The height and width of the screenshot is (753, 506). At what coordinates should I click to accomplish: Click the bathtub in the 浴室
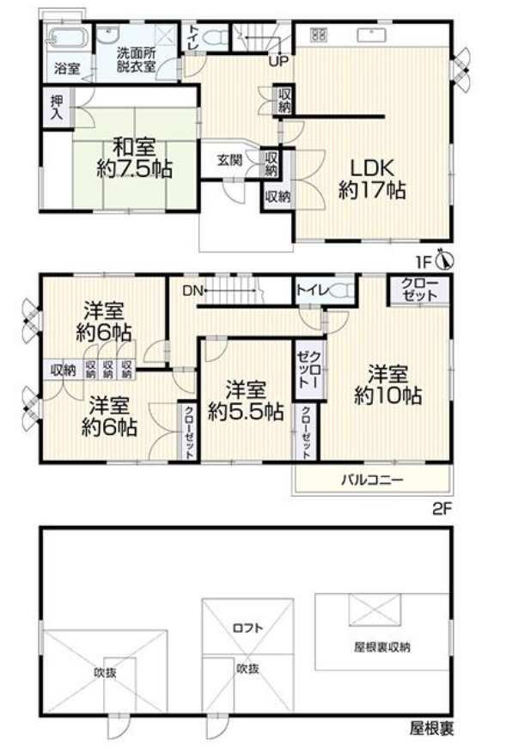coord(65,38)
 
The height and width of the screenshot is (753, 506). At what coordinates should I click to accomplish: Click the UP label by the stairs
coord(277,61)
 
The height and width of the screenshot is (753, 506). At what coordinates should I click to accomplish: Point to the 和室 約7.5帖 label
coord(133,156)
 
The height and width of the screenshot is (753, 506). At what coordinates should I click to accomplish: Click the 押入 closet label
coord(53,105)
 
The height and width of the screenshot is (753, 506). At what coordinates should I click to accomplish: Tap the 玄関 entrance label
coord(229,159)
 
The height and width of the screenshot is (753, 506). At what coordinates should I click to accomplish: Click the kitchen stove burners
coord(317,35)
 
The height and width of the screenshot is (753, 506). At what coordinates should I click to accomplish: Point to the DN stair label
coord(192,291)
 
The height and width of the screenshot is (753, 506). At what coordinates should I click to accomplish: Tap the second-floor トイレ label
coord(310,291)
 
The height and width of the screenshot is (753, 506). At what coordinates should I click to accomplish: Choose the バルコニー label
coord(369,480)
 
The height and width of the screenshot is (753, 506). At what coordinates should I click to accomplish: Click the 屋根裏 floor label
coord(430,729)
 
